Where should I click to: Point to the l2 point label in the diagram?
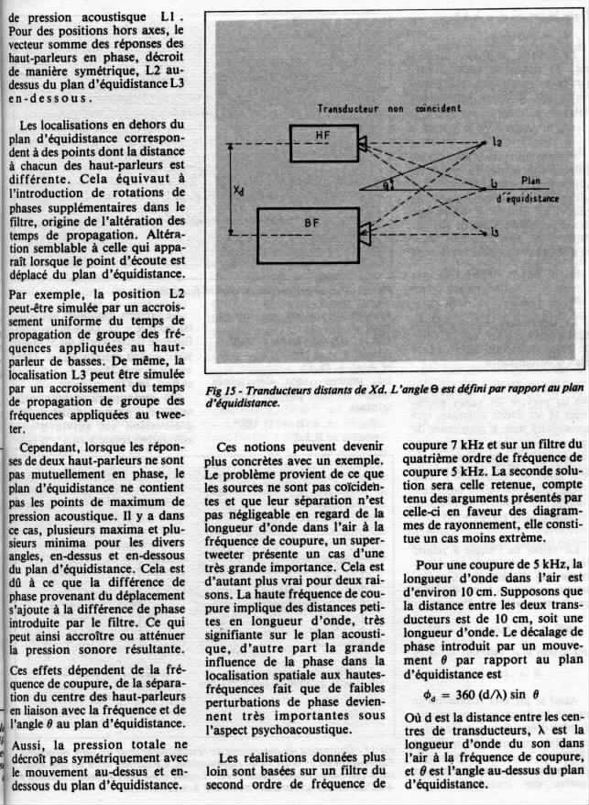[x=496, y=142]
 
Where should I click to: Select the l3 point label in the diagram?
[x=495, y=235]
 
